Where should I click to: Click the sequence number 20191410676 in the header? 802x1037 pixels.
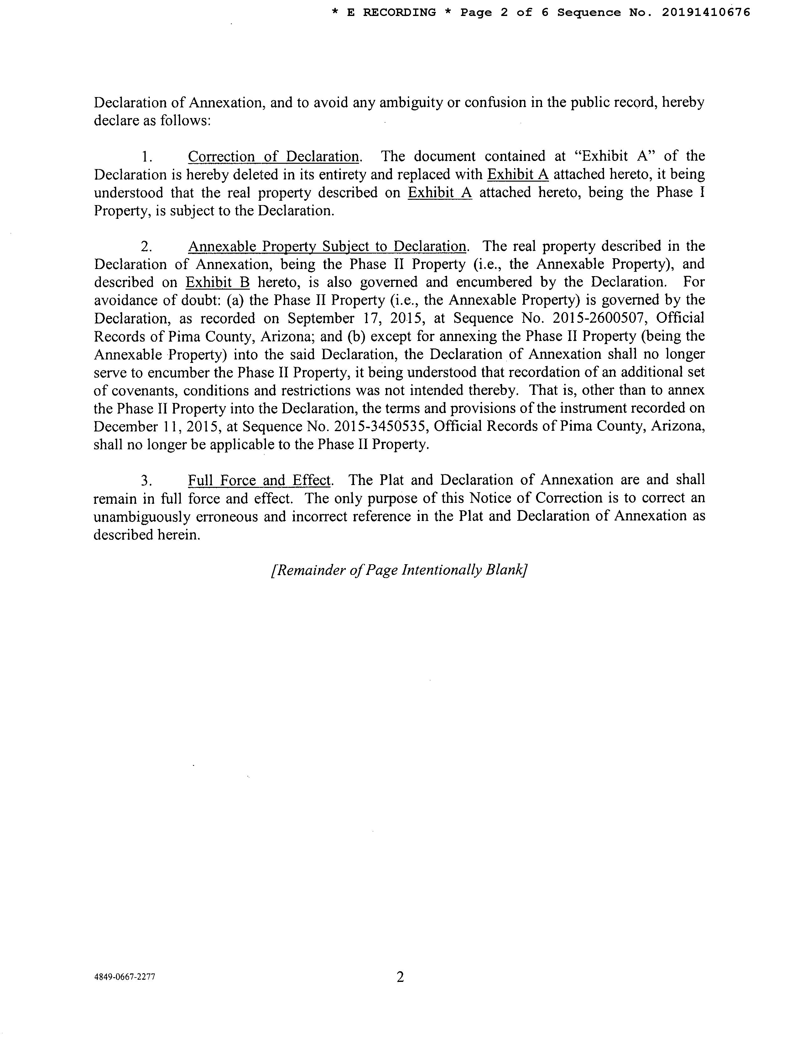pos(706,12)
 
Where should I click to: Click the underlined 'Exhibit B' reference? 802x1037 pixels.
pos(218,282)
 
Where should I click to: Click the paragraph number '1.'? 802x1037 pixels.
pos(147,157)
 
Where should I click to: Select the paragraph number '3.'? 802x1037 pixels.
pos(146,481)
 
